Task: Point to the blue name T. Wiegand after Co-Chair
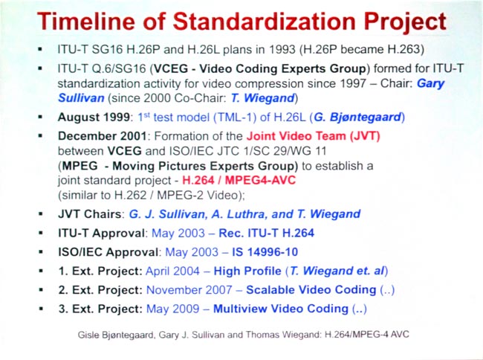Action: click(x=259, y=98)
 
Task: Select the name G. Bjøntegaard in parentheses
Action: click(x=357, y=117)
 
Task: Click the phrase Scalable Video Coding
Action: click(x=310, y=289)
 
